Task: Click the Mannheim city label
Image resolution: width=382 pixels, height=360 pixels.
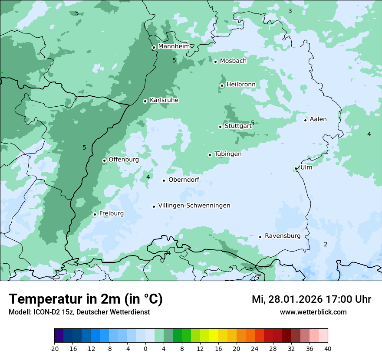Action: (174, 46)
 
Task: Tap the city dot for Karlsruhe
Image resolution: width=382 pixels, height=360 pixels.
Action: (145, 101)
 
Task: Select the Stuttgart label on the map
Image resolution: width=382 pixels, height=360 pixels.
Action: (238, 126)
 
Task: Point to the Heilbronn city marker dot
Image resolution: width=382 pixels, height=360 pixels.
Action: (222, 85)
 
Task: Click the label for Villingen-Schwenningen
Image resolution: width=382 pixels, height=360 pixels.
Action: (194, 206)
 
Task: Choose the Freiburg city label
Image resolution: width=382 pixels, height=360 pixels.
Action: (111, 213)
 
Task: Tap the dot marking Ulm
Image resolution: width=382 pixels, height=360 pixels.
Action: (296, 168)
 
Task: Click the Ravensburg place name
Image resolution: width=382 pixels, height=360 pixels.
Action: (282, 236)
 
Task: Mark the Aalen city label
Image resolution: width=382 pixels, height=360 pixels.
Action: (318, 119)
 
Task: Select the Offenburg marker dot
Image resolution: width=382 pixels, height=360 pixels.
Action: (104, 160)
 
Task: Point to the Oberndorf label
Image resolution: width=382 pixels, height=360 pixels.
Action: (184, 180)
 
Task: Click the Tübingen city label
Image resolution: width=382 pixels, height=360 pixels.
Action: (228, 154)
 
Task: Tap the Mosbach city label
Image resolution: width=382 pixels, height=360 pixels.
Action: (233, 61)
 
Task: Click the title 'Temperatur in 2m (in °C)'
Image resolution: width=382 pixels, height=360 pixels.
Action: (86, 299)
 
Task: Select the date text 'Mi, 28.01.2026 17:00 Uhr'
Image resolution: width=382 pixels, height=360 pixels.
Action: (311, 299)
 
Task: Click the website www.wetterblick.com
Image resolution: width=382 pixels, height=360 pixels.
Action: (313, 312)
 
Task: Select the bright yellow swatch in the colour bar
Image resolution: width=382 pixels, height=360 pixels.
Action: (214, 336)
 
